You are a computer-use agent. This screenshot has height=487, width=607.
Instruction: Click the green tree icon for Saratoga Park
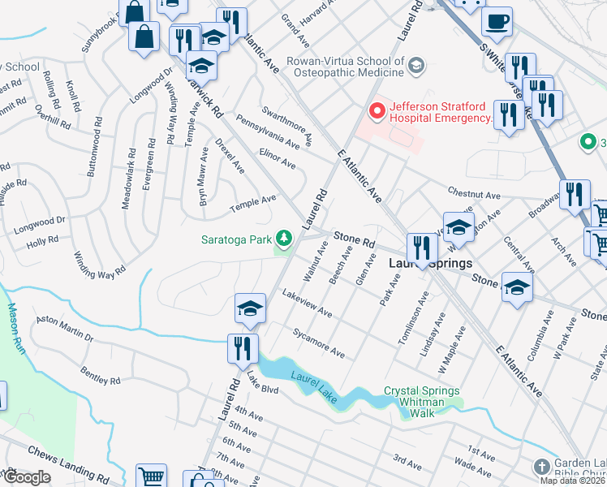284,238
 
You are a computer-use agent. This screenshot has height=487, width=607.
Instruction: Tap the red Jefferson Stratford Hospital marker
376,110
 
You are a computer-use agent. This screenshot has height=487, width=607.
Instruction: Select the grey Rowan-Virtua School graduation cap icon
416,65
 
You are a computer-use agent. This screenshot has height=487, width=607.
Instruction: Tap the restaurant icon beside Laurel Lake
243,348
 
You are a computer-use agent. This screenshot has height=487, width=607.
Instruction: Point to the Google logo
26,477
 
